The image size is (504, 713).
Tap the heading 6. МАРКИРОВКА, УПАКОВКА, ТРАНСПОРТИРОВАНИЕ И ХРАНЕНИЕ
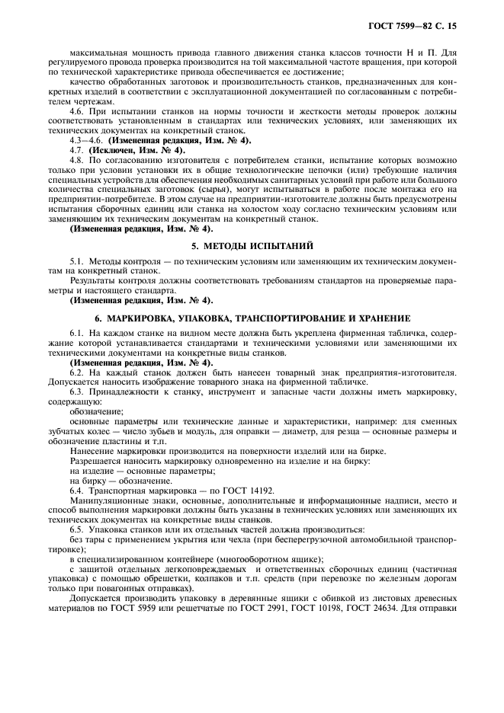click(252, 317)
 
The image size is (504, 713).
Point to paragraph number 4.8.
click(78, 160)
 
